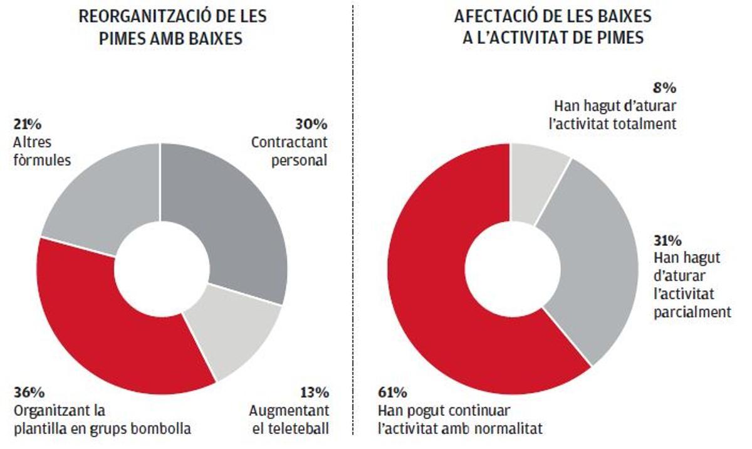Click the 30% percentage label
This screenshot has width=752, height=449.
311,124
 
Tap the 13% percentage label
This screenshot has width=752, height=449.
314,393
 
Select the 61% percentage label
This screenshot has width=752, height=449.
392,393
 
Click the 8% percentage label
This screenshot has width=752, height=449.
666,87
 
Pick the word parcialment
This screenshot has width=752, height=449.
692,312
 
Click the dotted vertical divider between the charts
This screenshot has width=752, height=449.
353,226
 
